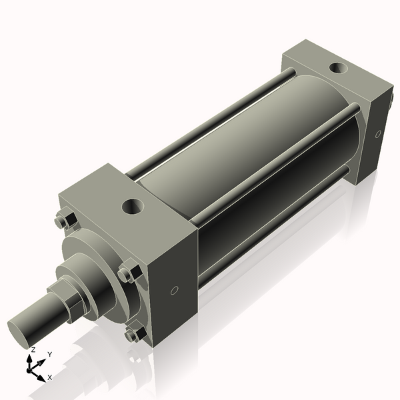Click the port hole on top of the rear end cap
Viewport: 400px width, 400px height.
click(x=339, y=67)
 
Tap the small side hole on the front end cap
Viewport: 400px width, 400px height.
click(x=175, y=290)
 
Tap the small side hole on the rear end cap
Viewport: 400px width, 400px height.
click(x=378, y=134)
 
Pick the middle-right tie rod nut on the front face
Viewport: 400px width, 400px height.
click(x=127, y=273)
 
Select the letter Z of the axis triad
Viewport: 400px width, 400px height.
click(x=33, y=349)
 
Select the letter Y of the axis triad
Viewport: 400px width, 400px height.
click(x=49, y=354)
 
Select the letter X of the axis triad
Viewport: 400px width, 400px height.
click(x=49, y=377)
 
